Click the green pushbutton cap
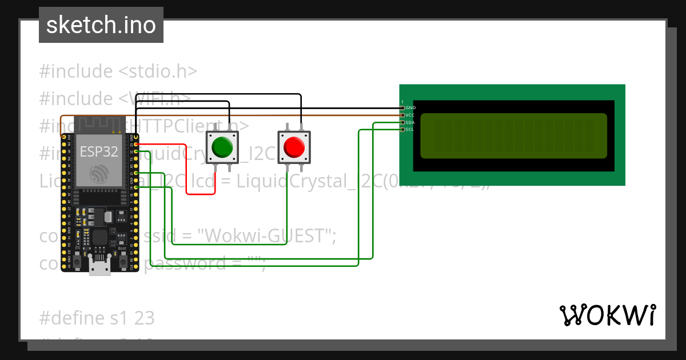point(222,147)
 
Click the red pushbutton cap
point(294,147)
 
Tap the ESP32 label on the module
point(98,151)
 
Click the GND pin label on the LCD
point(410,108)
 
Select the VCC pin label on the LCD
point(410,115)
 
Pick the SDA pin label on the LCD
point(410,122)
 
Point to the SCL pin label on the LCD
point(410,129)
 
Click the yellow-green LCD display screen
point(513,135)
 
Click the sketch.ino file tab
point(101,25)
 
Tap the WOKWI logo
point(607,315)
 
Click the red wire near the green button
point(187,171)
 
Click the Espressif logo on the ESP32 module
point(98,173)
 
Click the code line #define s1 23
point(97,318)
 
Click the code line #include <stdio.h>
point(118,71)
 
